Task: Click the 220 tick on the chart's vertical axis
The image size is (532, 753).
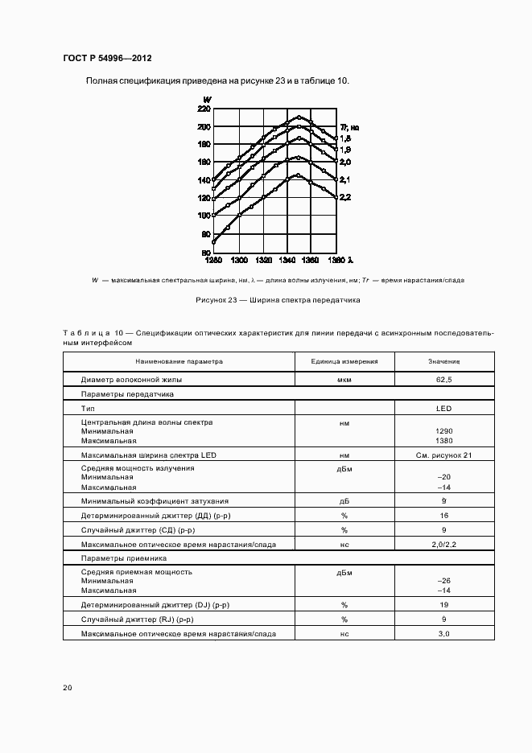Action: tap(204, 109)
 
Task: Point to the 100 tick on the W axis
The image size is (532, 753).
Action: tap(204, 216)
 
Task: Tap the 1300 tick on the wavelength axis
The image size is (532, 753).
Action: tap(239, 261)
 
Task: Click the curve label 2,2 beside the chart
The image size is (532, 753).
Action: tap(344, 198)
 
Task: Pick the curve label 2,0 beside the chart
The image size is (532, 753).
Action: tap(344, 163)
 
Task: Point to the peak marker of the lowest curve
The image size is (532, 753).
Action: tap(298, 175)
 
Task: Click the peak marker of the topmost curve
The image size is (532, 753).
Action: tap(298, 118)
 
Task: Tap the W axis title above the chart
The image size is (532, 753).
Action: tap(208, 99)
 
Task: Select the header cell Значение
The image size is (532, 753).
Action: tap(444, 362)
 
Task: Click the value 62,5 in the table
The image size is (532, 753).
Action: tap(444, 378)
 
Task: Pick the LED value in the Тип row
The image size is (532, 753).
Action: tap(444, 409)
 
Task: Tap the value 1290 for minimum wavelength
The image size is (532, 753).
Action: tap(444, 431)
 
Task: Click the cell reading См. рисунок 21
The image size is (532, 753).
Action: tap(444, 455)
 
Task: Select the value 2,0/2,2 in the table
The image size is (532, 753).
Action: tap(444, 545)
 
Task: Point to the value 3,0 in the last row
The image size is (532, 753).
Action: tap(444, 634)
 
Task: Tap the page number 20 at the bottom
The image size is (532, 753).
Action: tap(68, 688)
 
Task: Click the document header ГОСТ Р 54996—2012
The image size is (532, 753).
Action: tap(107, 58)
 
